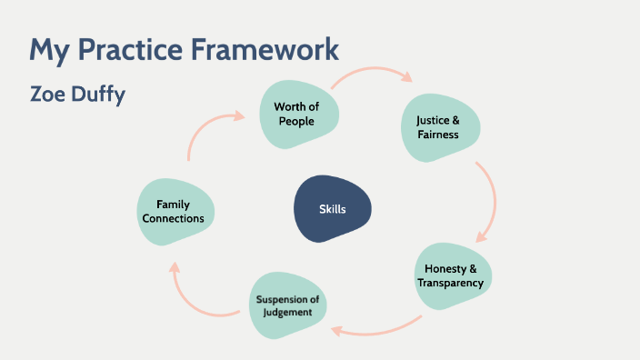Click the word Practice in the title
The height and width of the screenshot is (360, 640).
coord(118,48)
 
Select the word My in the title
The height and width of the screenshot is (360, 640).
coord(45,48)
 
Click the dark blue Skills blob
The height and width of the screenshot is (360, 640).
coord(332,209)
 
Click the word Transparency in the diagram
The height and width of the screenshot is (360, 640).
coord(451,283)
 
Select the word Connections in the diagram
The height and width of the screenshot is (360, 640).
coord(179,218)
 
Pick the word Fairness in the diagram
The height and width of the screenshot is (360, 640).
coord(437,135)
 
